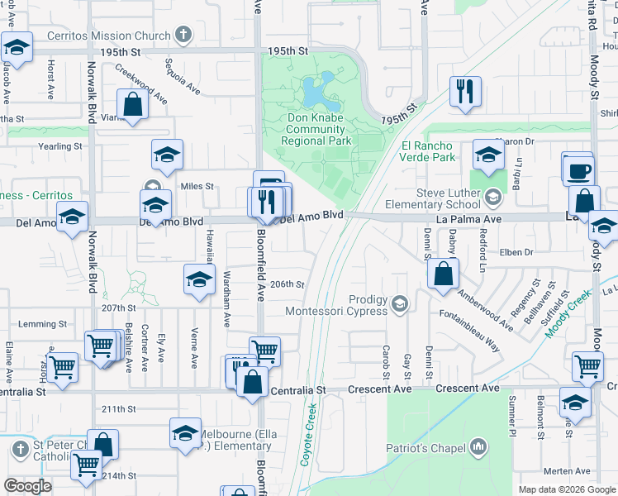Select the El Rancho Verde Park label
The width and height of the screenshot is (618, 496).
[428, 151]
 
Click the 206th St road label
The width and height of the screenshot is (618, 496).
[289, 284]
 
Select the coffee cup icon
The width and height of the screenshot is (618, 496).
[578, 169]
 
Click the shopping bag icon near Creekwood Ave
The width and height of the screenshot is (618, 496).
[132, 105]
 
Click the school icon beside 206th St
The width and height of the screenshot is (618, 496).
[198, 280]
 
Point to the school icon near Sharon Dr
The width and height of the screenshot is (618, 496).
[487, 155]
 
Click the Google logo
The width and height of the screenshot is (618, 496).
[27, 486]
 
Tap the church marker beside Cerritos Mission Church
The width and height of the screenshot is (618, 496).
[183, 36]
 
